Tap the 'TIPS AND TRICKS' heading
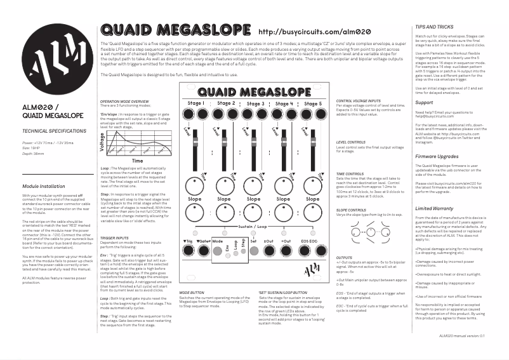[435, 27]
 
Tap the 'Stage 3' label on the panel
[256, 103]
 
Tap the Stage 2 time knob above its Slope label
[224, 186]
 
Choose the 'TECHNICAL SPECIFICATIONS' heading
[54, 130]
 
